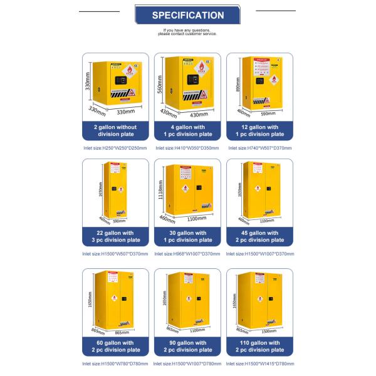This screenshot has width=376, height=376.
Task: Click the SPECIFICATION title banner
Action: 187,15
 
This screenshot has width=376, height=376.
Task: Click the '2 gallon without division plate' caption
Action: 116,130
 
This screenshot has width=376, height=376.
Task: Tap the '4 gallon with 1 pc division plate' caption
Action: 187,130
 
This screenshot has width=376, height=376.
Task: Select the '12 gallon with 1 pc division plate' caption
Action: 259,130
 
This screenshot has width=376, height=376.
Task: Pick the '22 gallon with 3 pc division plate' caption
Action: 116,236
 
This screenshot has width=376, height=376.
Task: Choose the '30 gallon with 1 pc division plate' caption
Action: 187,236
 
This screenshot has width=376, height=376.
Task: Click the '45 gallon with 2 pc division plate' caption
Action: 259,236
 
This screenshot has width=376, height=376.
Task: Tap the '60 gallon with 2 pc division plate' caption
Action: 116,347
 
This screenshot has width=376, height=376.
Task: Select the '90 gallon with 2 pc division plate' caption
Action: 187,347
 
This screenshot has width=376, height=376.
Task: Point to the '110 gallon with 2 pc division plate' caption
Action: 259,347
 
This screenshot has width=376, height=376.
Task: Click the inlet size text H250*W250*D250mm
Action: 115,148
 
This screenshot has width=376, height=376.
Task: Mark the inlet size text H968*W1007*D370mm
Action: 187,254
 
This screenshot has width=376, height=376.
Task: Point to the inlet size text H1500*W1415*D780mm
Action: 259,363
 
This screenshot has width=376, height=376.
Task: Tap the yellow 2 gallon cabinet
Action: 119,81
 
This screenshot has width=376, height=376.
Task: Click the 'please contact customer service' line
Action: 187,34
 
